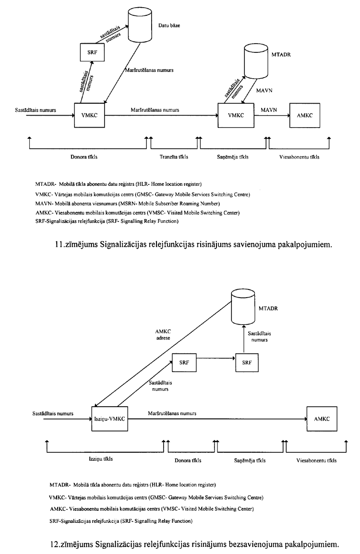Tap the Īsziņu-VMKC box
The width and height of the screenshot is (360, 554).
tap(109, 419)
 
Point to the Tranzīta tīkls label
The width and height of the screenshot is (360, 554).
tap(174, 157)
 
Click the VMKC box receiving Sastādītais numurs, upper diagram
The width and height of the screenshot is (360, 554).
tap(90, 115)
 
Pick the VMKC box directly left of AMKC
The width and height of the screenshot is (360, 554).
tap(234, 115)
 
